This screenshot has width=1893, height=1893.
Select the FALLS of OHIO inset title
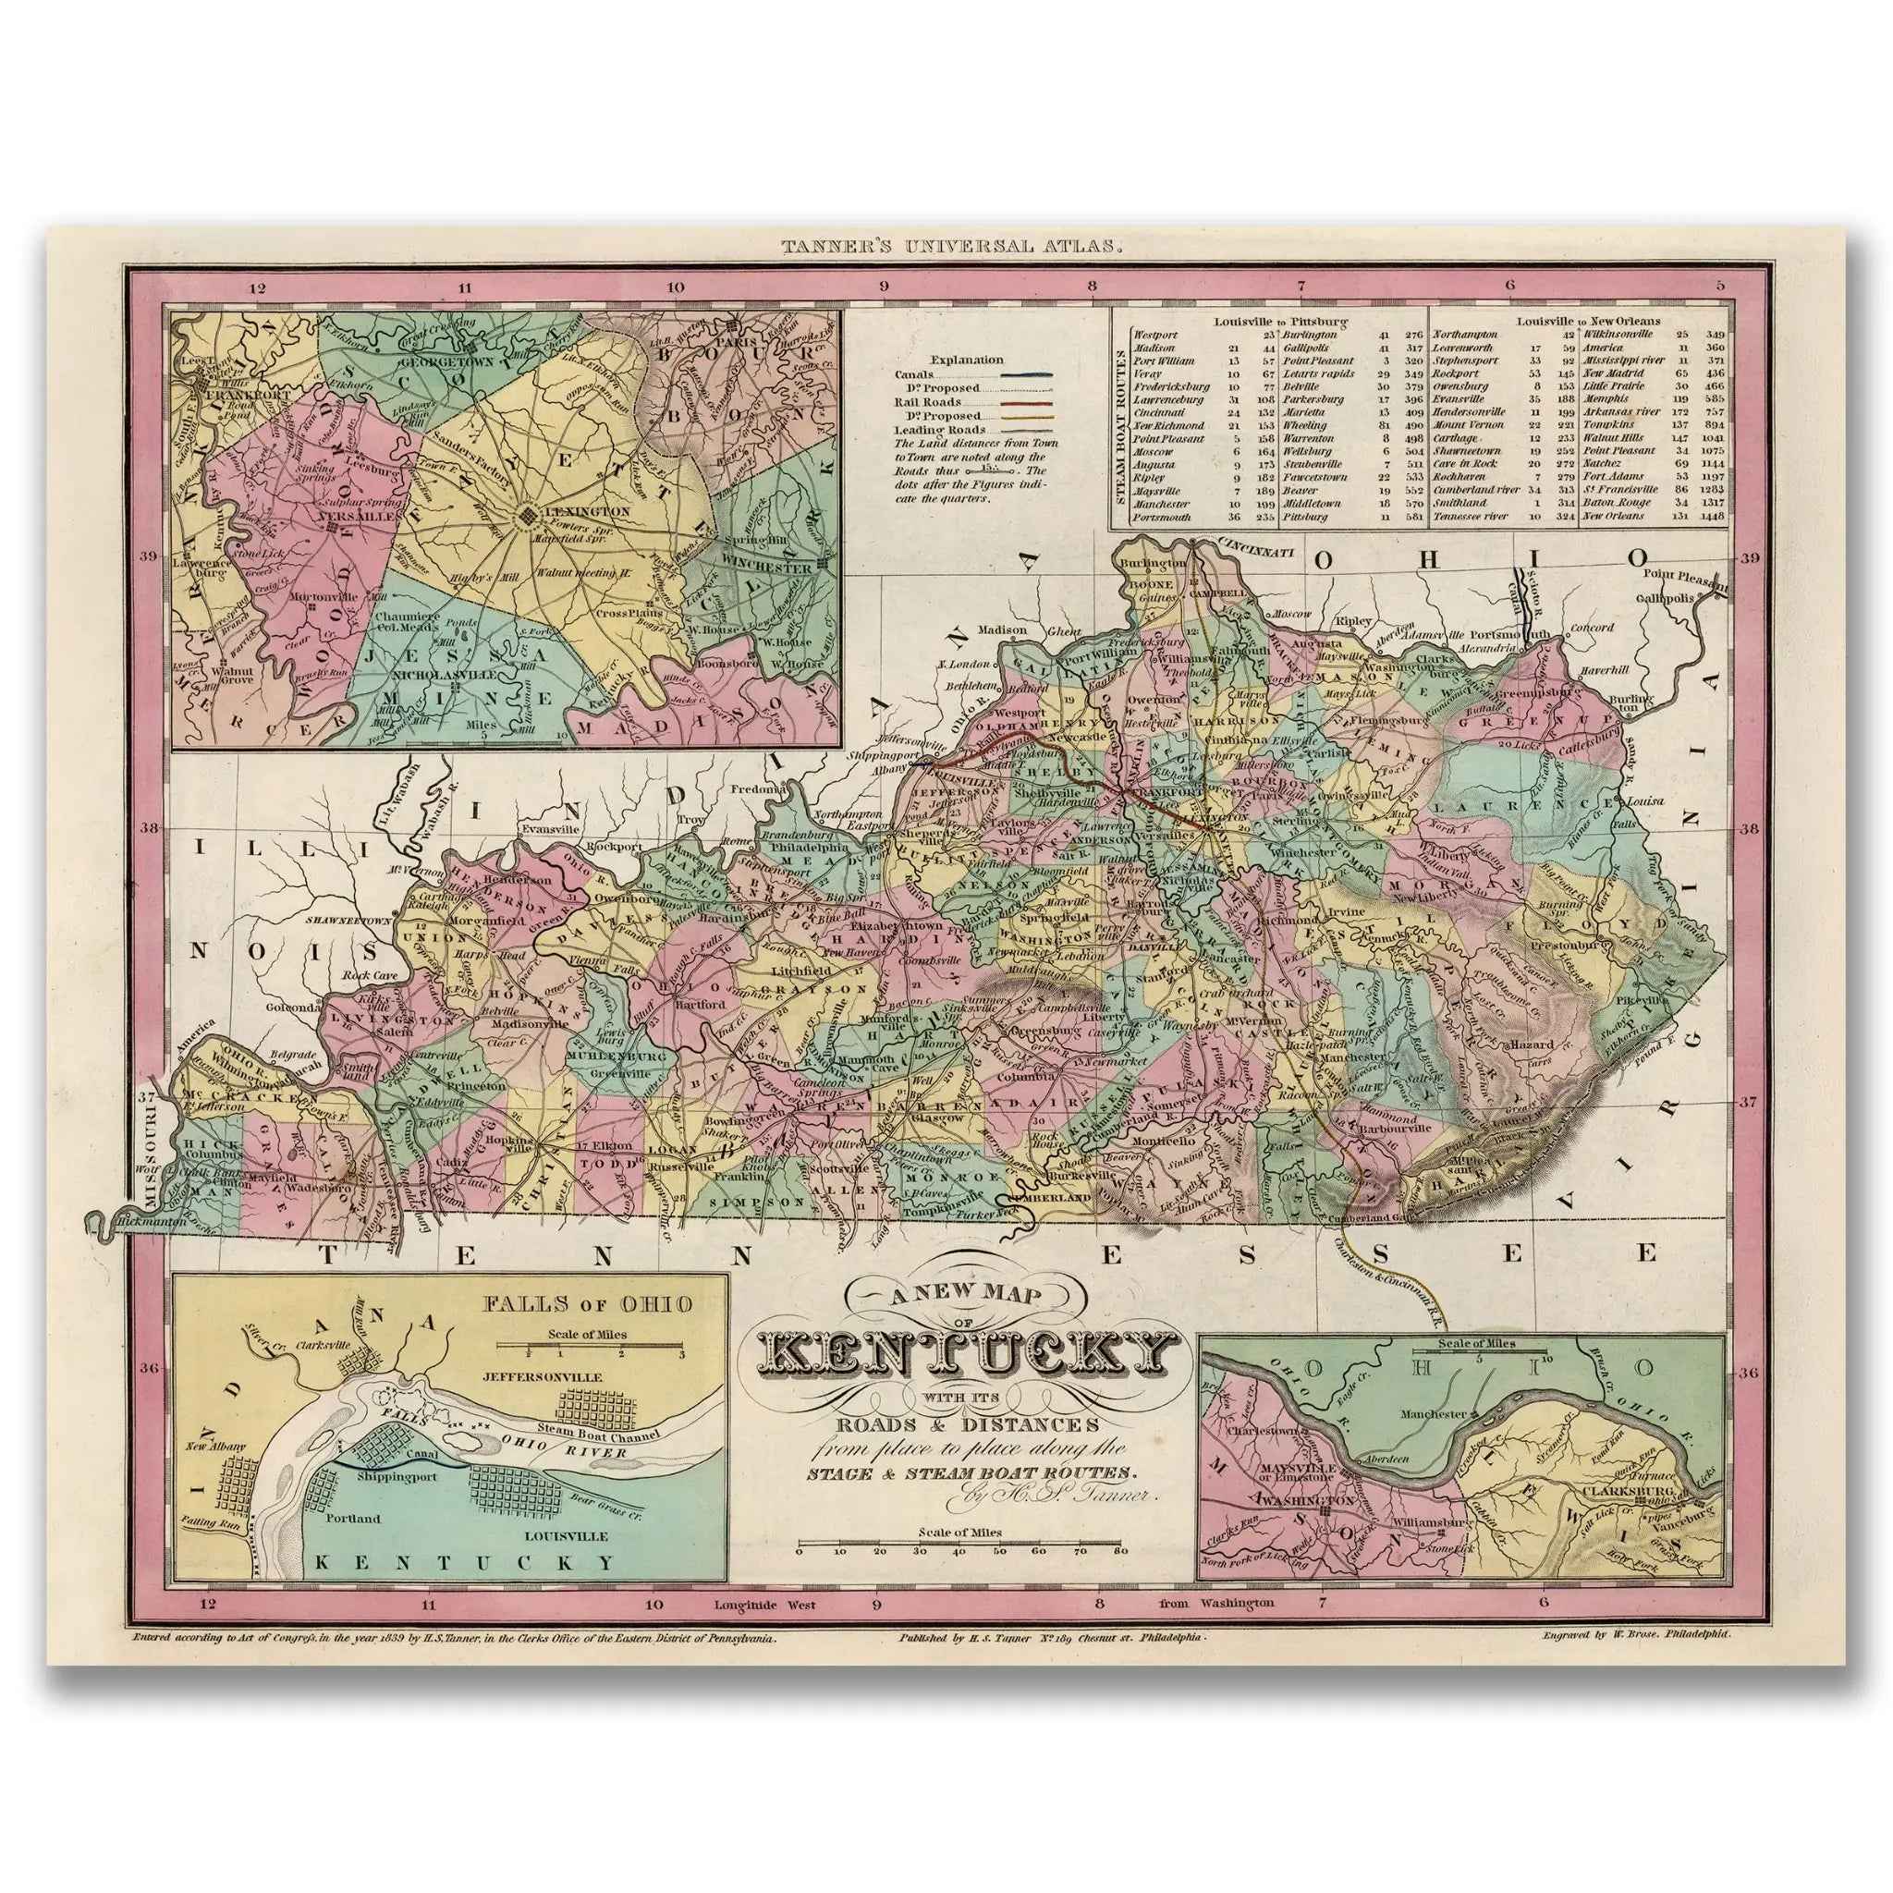587,1304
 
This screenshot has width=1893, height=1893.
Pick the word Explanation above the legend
966,360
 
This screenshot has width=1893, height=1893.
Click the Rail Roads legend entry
927,403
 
